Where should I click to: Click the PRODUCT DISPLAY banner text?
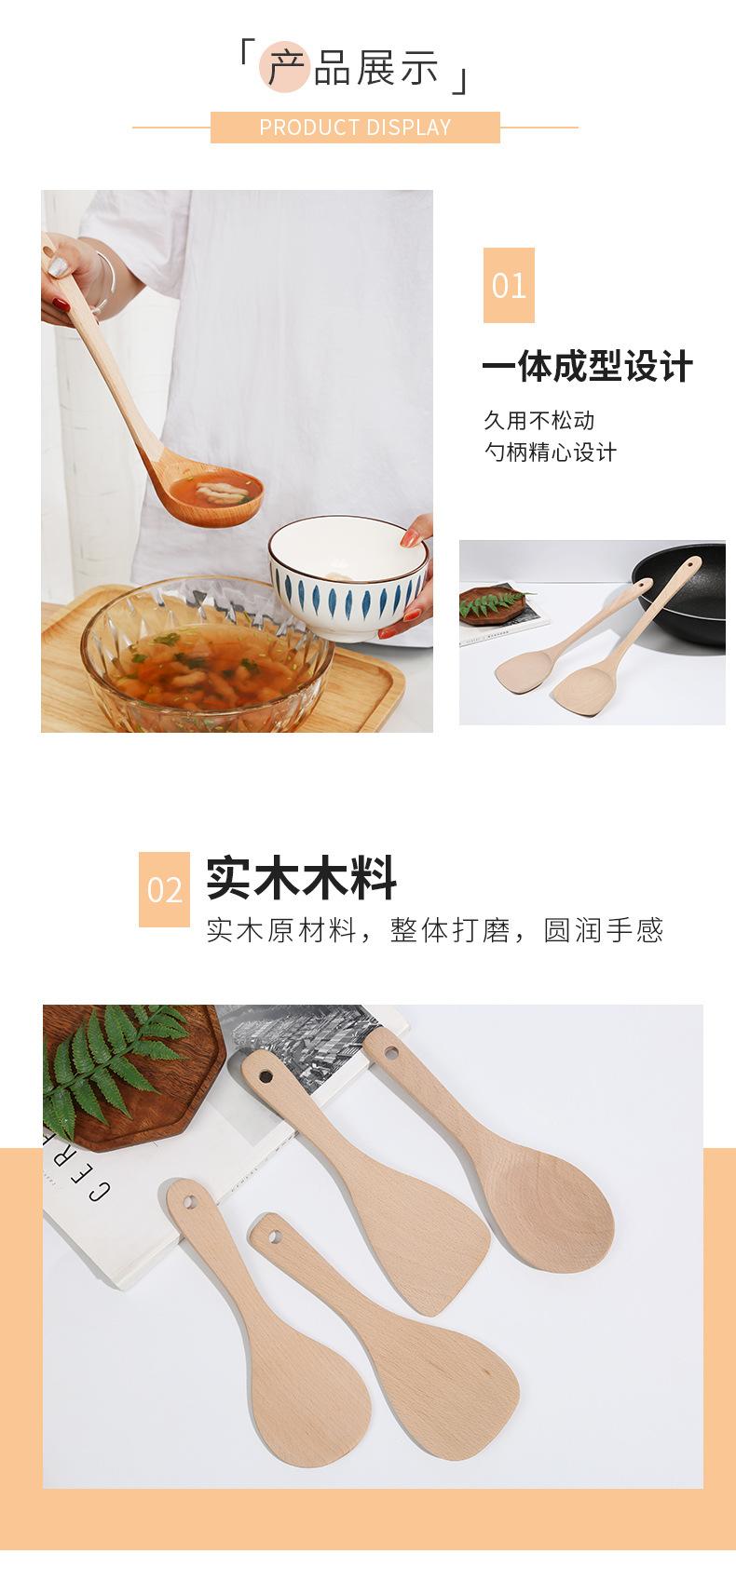coord(355,128)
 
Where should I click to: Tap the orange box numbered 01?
coord(509,285)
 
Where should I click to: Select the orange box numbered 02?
coord(164,889)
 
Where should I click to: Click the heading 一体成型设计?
coord(587,367)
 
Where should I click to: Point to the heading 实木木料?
coord(301,878)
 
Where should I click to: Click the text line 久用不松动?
coord(538,420)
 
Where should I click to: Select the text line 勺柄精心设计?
coord(550,453)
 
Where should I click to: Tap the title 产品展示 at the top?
coord(354,70)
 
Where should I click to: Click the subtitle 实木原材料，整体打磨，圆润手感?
coord(434,929)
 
